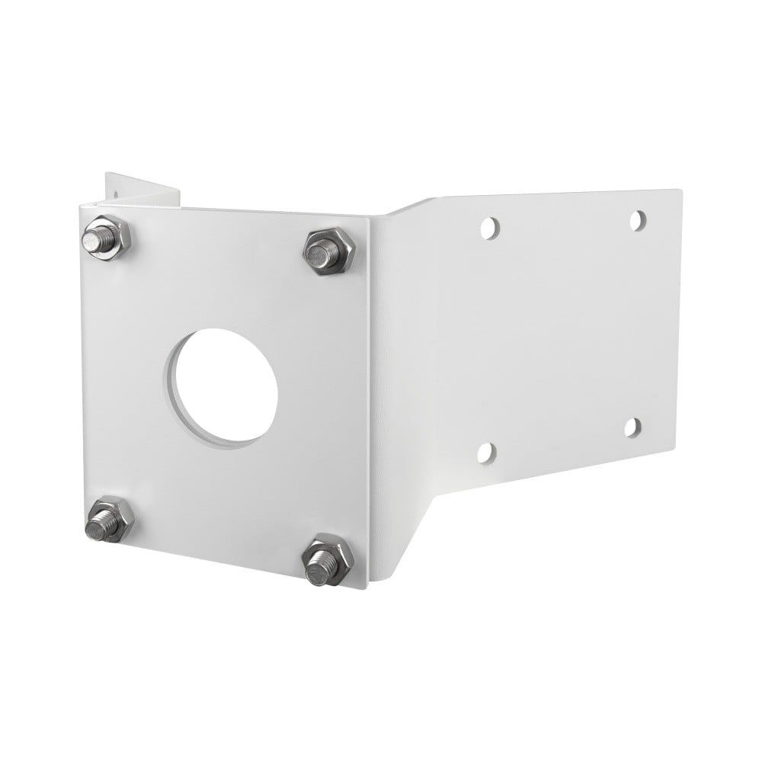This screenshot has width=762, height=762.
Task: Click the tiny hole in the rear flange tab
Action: [x=115, y=195]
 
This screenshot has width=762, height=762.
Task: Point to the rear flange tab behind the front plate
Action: [x=145, y=190]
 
